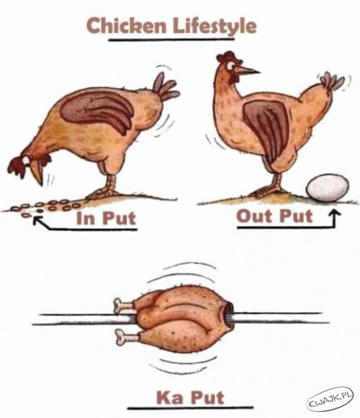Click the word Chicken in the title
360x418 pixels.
(126, 26)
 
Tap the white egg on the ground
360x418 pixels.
(327, 187)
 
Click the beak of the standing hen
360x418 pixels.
(247, 70)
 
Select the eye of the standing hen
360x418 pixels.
(230, 65)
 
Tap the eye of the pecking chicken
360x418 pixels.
(26, 160)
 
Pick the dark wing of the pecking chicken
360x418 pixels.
(97, 110)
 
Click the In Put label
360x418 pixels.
(106, 218)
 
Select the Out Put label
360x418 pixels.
(274, 216)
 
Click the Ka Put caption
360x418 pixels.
(190, 397)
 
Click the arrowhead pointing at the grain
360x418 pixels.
(38, 220)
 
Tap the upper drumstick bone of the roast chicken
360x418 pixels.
(123, 305)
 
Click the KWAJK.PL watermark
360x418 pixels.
(330, 398)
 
